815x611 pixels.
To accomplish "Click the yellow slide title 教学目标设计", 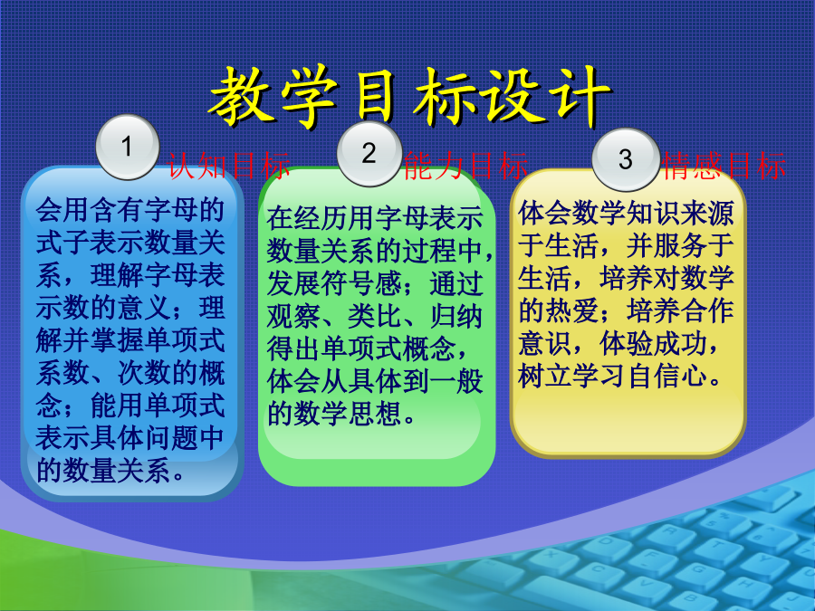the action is (x=409, y=97).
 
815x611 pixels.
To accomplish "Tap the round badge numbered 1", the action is (x=128, y=147).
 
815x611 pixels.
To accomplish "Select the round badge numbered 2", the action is (x=369, y=153).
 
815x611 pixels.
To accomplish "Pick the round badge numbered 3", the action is (x=626, y=159).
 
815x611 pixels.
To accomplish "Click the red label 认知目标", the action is (x=229, y=167).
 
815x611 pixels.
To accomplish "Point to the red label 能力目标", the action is (x=465, y=167).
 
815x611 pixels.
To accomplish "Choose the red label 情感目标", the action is (x=724, y=167).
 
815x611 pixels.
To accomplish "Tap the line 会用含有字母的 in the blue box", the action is (x=129, y=210).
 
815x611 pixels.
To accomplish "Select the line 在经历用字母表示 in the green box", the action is (x=374, y=218).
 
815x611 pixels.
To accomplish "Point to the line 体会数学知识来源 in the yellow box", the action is (x=626, y=213).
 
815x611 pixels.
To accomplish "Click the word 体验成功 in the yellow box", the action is (x=653, y=343).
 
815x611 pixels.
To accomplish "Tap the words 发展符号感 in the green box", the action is (x=333, y=283).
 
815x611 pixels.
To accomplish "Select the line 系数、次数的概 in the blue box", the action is (x=129, y=373).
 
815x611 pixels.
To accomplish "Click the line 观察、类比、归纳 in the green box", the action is (x=374, y=316).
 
